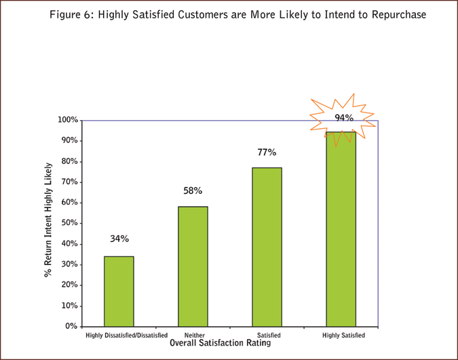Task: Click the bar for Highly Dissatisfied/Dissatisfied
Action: coord(119,291)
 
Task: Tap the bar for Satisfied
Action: coord(267,247)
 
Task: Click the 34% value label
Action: coord(119,239)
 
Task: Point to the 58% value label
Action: coord(193,191)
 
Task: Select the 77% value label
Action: coord(267,152)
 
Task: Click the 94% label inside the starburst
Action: coord(343,118)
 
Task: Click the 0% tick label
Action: coord(70,326)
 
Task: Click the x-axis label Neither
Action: coord(194,335)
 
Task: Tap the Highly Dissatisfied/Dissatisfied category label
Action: coord(126,335)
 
